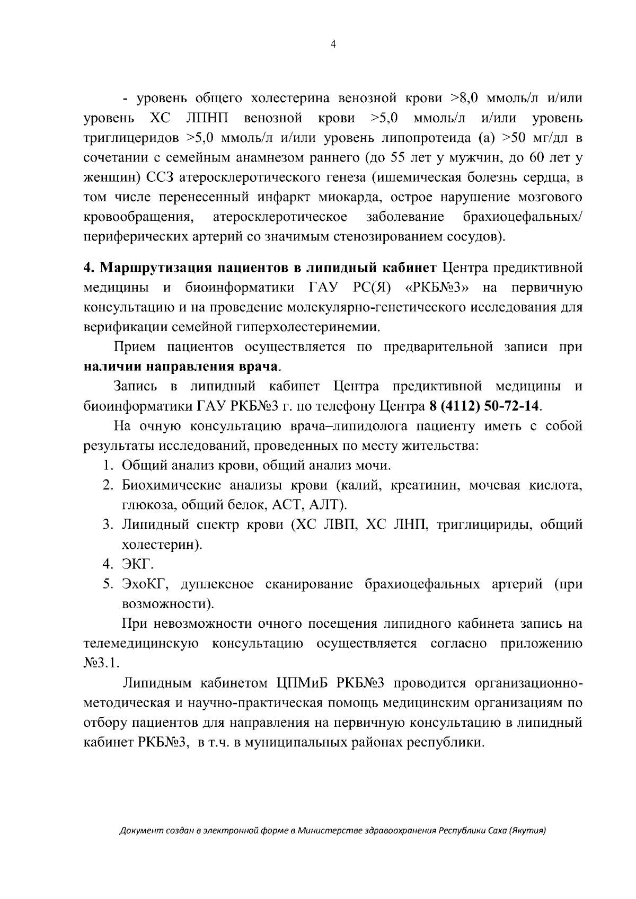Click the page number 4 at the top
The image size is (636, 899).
(333, 46)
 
